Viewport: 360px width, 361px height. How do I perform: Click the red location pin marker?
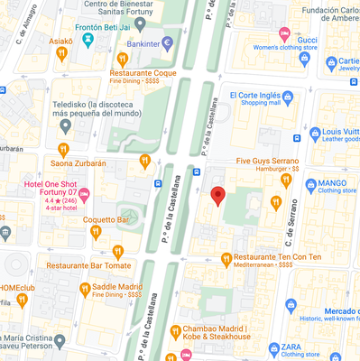click(x=217, y=196)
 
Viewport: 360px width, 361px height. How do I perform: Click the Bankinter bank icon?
click(x=168, y=42)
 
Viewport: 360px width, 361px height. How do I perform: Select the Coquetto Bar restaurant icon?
click(x=94, y=231)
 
